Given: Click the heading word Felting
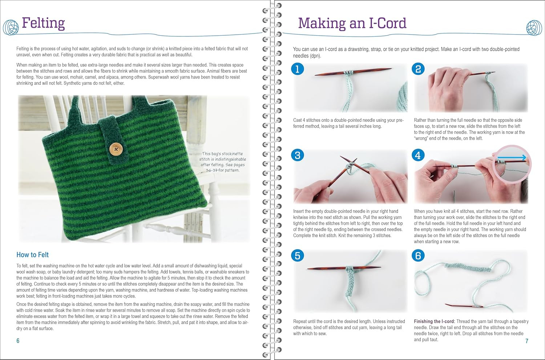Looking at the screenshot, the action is (x=43, y=23).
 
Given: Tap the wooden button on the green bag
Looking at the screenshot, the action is (x=116, y=149).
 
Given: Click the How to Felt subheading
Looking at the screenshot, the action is (x=33, y=255).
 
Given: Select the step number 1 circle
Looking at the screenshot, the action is (x=297, y=69).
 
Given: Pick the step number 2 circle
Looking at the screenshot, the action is (x=418, y=69).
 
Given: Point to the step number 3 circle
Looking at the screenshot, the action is (x=297, y=155).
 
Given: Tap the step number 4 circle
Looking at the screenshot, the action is (x=418, y=155).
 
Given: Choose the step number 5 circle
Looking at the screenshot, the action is (x=297, y=256).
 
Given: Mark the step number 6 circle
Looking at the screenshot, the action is (x=418, y=256).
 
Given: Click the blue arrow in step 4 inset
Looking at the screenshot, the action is (x=510, y=158).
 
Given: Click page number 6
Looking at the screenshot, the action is (x=18, y=340).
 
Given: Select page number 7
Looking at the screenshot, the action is (x=527, y=341).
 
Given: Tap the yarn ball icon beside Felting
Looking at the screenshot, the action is (x=11, y=27).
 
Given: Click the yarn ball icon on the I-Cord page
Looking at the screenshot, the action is (x=534, y=28).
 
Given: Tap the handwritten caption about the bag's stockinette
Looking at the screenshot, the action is (x=222, y=162).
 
